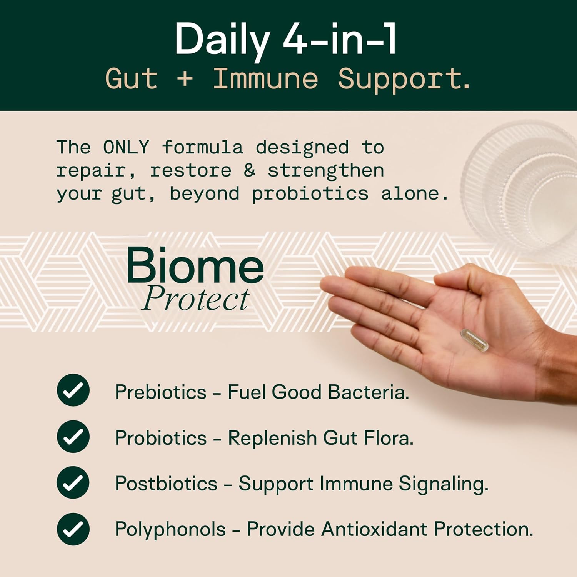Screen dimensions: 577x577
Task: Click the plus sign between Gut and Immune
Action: [185, 78]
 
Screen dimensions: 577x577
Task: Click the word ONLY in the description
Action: [126, 147]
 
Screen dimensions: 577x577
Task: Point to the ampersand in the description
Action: [249, 170]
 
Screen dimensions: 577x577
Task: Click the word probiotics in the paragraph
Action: [310, 193]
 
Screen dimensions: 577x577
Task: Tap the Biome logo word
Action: [195, 265]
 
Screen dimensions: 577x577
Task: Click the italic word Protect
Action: [196, 299]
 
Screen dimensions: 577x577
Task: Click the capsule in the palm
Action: [474, 340]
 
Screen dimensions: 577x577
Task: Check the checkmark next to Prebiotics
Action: [73, 390]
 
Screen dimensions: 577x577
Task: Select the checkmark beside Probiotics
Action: [73, 436]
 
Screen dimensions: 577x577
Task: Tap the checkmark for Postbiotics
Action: [73, 482]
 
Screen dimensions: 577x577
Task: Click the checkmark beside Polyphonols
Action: [73, 529]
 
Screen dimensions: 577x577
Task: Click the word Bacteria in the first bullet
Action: [368, 392]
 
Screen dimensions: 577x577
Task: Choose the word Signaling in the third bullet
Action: [443, 484]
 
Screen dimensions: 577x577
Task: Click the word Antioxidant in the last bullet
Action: [374, 529]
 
